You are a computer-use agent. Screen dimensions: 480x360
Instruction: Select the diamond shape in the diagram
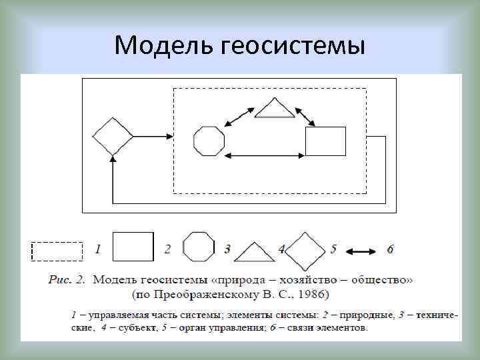(x=112, y=137)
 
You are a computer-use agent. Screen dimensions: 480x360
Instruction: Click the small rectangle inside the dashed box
(x=325, y=141)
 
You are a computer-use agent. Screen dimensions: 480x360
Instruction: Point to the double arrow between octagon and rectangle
(x=265, y=156)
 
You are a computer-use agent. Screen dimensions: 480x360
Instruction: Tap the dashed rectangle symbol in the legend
(x=57, y=251)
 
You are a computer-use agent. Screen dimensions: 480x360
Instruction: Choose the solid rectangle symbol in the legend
(x=133, y=246)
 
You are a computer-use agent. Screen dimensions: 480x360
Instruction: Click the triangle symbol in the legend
(x=254, y=252)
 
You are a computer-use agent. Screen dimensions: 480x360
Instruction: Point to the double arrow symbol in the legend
(x=362, y=251)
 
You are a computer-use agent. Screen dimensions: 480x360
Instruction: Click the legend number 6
(x=390, y=249)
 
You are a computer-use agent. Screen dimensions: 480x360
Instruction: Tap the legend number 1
(x=98, y=249)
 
